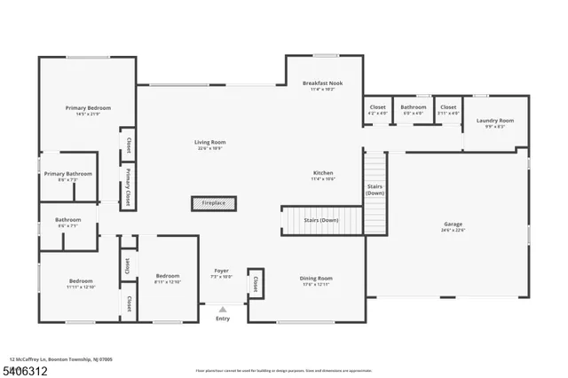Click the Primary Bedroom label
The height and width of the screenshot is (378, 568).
pos(88,108)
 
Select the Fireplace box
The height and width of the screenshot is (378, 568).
pos(213,203)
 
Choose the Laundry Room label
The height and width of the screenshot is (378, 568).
pos(494,121)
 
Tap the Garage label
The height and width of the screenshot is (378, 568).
pos(453,224)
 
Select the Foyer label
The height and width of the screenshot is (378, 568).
pos(222,271)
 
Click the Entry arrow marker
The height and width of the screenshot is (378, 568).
pos(223,309)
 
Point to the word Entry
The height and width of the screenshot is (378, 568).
pos(222,319)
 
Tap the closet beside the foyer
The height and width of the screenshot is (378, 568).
pos(255,284)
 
